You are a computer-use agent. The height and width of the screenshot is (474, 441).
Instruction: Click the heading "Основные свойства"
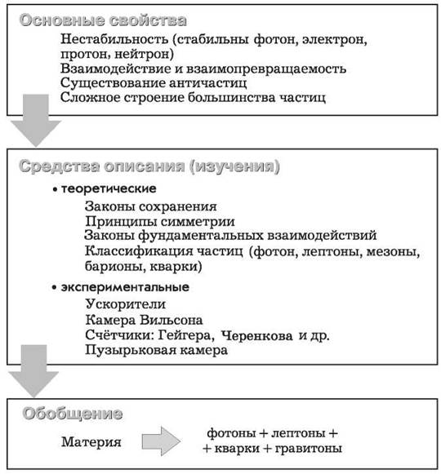coord(103,20)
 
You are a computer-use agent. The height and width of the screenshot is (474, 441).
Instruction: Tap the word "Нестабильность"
coord(114,39)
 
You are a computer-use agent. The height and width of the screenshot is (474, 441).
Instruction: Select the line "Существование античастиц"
coord(154,83)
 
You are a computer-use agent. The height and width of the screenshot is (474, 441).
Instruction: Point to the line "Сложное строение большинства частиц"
coord(193,98)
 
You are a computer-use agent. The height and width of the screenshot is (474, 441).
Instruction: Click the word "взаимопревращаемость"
coord(265,69)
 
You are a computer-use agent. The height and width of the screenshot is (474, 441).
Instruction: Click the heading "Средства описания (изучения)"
coord(149,166)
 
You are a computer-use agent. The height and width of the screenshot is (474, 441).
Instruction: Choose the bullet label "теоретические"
coord(109,188)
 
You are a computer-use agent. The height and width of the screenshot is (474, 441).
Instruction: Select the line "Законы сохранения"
coord(151,206)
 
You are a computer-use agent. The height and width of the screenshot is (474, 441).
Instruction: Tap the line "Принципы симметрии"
coord(160,221)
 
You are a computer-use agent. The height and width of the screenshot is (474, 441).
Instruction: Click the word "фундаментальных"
coord(201,236)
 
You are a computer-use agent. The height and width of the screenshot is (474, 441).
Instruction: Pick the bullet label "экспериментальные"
coord(125,287)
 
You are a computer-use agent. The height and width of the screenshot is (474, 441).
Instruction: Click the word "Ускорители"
coord(126,304)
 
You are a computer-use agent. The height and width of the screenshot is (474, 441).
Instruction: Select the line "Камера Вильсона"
coord(144,320)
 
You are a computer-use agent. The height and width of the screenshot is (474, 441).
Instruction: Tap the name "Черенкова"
coord(256,335)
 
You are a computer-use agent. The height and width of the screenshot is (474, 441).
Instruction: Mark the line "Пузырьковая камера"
coord(156,350)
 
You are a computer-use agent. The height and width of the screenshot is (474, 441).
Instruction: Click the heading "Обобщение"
coord(73,414)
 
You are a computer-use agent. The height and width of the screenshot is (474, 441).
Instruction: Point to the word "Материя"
coord(91,442)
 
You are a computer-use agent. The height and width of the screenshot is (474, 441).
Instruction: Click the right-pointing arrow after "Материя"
coord(162,441)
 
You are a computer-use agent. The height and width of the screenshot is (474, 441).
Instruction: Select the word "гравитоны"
coord(308,449)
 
